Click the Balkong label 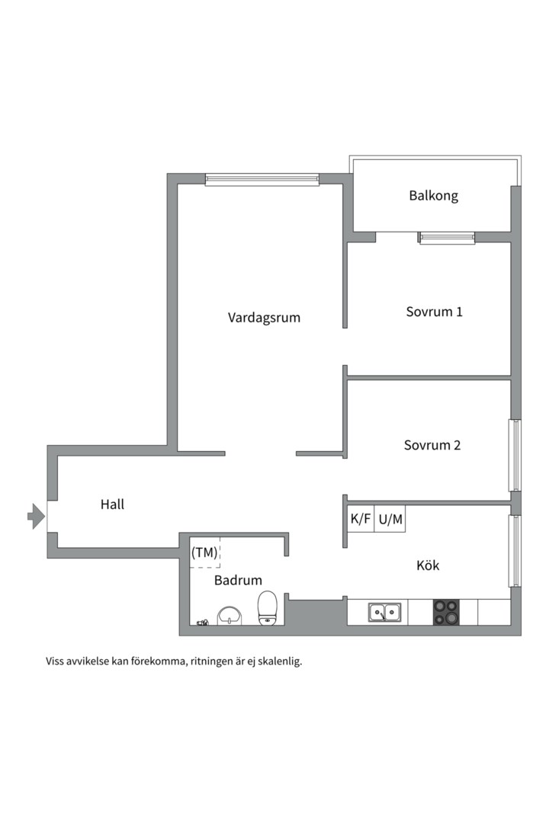click(x=433, y=196)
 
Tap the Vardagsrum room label click(x=264, y=318)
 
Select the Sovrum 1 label click(x=434, y=312)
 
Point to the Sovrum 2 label click(x=432, y=445)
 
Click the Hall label click(x=112, y=504)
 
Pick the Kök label click(x=428, y=565)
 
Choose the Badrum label click(x=238, y=580)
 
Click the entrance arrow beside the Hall click(x=36, y=516)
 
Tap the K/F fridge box click(x=361, y=519)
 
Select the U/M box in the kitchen click(x=390, y=519)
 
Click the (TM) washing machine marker click(x=204, y=552)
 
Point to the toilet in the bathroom click(x=268, y=608)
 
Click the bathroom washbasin click(x=229, y=616)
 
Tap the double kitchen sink click(x=385, y=613)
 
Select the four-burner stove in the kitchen click(x=446, y=612)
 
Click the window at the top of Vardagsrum click(x=262, y=180)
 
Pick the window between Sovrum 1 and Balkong click(x=447, y=238)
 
